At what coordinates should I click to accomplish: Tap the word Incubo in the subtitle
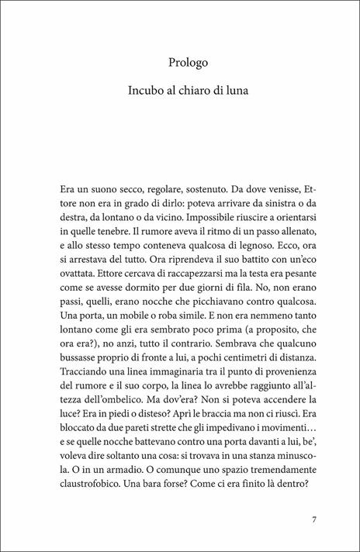(x=147, y=91)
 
